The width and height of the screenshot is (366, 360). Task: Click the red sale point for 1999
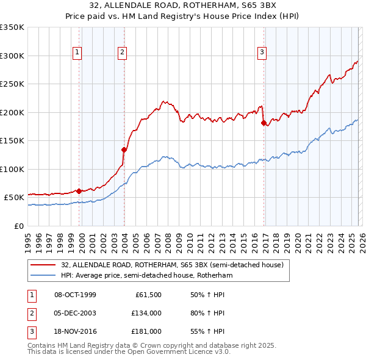(x=79, y=191)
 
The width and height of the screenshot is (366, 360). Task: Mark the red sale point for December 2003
(x=124, y=149)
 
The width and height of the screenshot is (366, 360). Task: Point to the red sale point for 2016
(x=264, y=123)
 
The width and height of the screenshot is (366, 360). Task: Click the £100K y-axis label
(x=13, y=169)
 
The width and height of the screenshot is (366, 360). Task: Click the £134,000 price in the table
(x=146, y=313)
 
